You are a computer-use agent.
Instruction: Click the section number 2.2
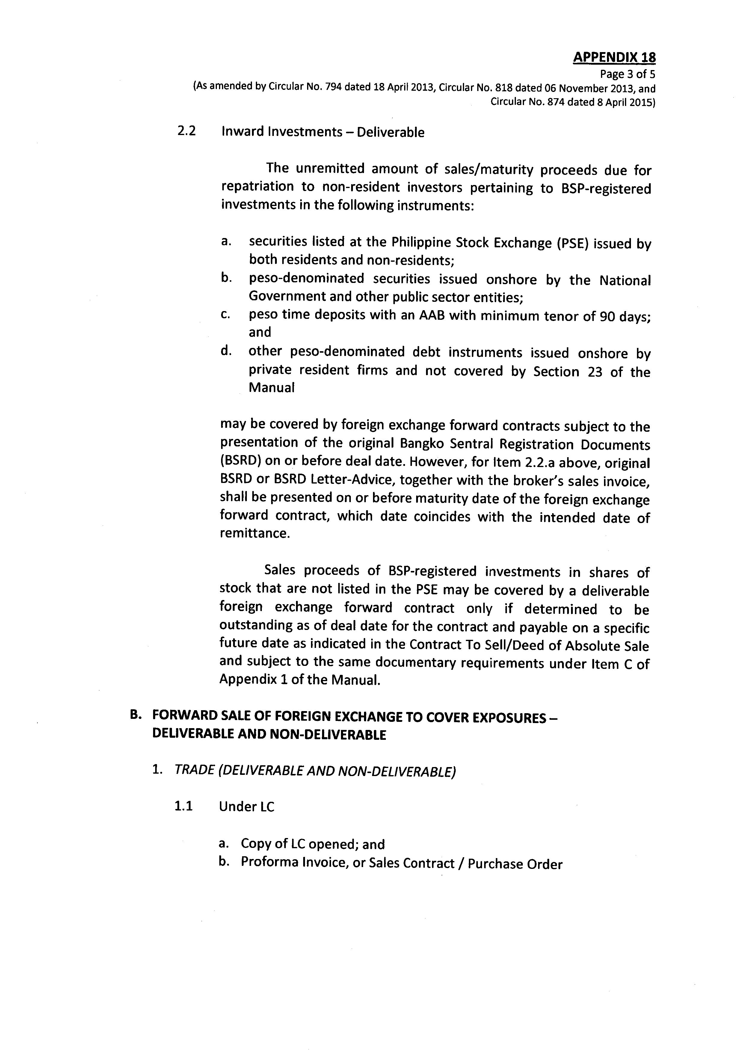click(x=186, y=131)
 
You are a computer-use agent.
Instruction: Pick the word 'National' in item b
click(x=625, y=280)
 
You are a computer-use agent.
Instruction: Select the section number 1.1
click(x=183, y=806)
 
